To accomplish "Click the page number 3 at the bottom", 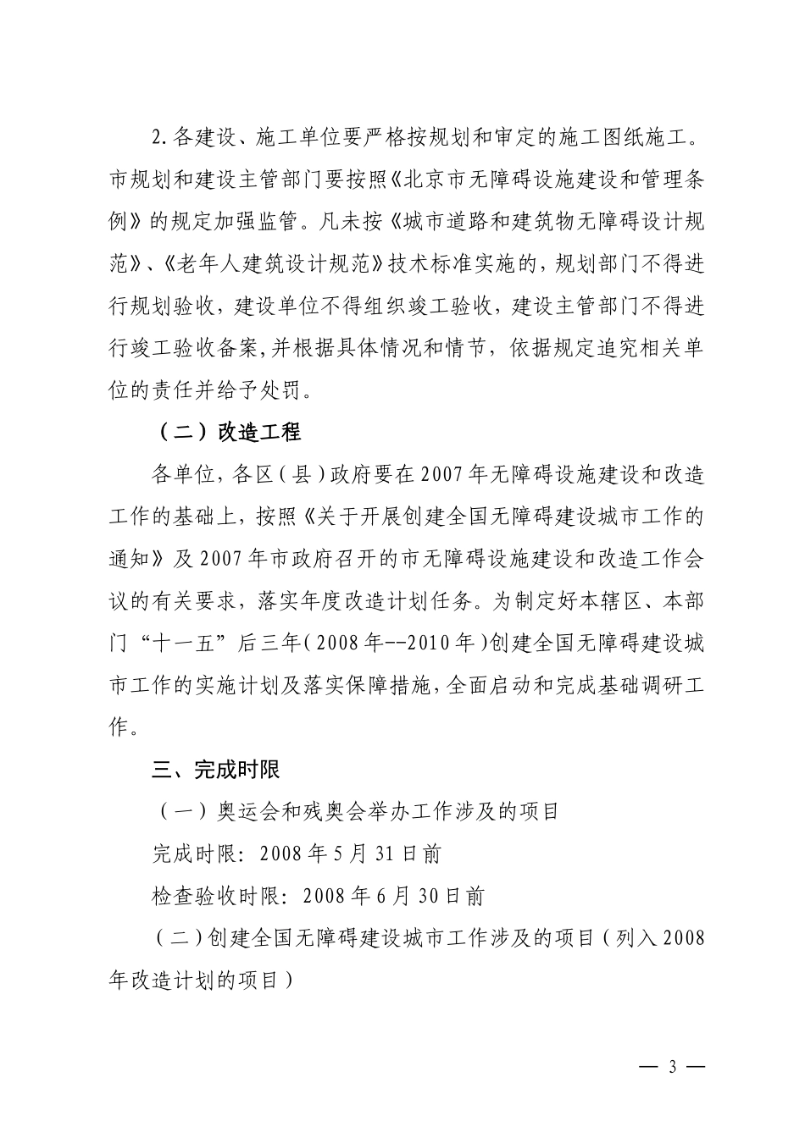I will click(673, 1066).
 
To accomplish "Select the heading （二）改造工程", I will click(229, 433).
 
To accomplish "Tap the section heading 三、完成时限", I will click(215, 770).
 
